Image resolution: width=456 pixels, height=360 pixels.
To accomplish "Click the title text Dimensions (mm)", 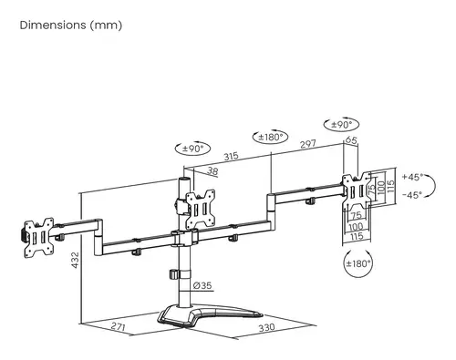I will coord(70,25).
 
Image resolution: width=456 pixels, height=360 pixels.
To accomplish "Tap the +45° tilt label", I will coord(415,176).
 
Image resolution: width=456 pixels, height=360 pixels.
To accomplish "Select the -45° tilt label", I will coord(415,193).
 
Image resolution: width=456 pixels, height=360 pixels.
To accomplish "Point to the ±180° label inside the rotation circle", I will coord(360,263).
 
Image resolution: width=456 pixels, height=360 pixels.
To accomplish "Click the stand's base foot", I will coord(195,315).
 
